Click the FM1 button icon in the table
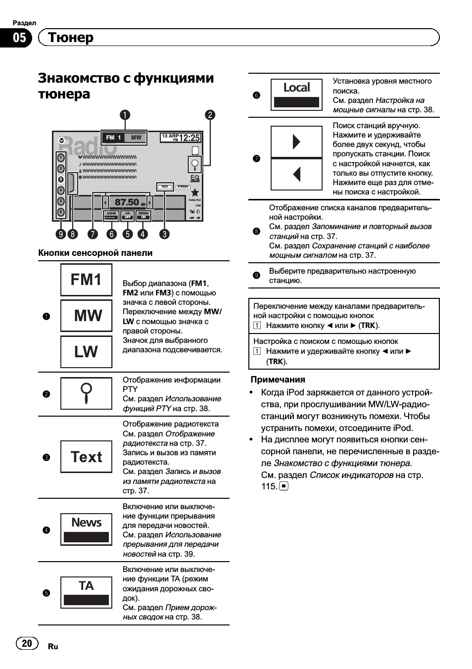(x=86, y=280)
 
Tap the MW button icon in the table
(x=86, y=316)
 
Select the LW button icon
(x=86, y=352)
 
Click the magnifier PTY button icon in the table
(x=86, y=393)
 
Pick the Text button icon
(x=86, y=457)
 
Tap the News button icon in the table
(x=86, y=529)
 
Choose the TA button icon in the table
(x=86, y=592)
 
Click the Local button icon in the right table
(x=296, y=94)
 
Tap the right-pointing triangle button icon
(x=296, y=142)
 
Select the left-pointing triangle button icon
(x=296, y=174)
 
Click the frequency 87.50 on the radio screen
(x=127, y=202)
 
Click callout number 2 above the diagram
(x=210, y=115)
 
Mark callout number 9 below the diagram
(x=61, y=234)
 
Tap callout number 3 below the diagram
(x=164, y=234)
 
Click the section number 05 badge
(x=19, y=38)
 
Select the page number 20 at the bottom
(x=27, y=643)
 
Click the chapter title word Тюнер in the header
(x=71, y=38)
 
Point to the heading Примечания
(x=278, y=380)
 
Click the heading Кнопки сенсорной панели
(x=95, y=253)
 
